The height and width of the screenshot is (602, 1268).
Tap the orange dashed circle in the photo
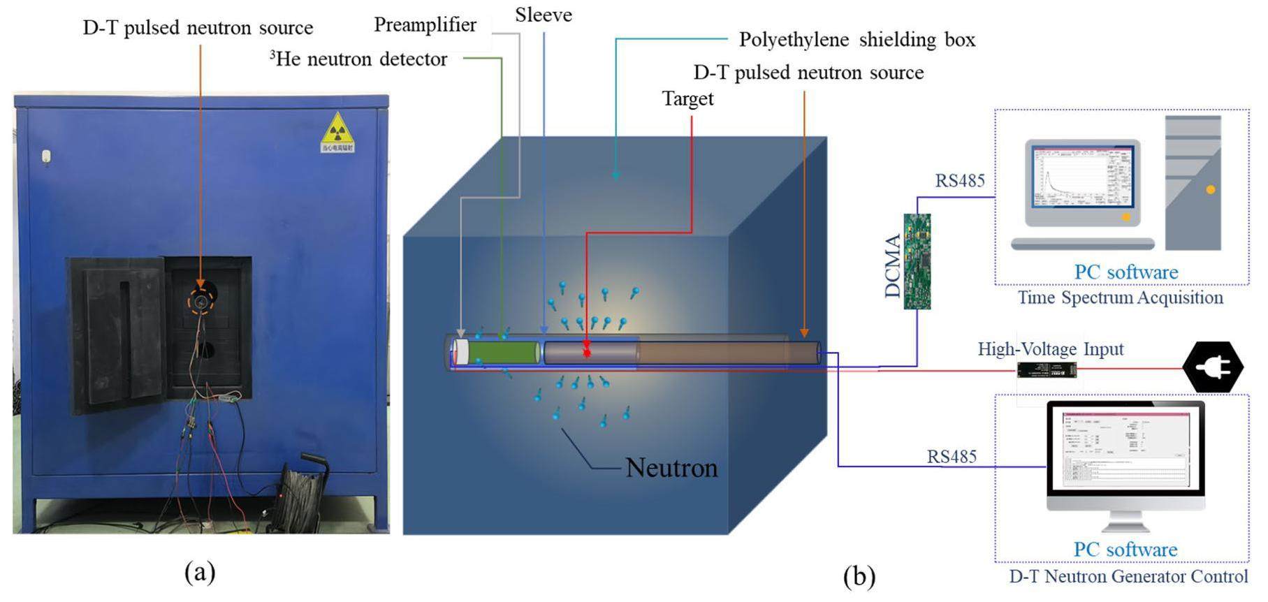[201, 302]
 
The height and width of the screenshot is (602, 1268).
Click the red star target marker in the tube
[587, 351]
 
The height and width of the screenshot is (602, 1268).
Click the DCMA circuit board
[917, 261]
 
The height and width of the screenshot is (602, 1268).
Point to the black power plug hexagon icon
[1213, 367]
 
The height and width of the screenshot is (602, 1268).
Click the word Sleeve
[544, 15]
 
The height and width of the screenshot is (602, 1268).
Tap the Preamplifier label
[425, 25]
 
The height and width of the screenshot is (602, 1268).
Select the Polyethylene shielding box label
[857, 40]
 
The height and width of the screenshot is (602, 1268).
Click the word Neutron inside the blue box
[671, 467]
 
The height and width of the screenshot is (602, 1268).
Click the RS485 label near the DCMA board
[960, 181]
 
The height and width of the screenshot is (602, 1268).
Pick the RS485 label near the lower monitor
[952, 457]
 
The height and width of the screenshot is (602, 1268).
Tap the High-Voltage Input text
[1050, 348]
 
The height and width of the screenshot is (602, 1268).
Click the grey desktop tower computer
[1193, 183]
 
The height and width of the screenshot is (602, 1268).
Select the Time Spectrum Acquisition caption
[1120, 298]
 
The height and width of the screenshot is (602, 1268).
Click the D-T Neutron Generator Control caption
[1128, 576]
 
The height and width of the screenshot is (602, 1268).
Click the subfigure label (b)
[859, 577]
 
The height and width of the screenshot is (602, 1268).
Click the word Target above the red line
[687, 98]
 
